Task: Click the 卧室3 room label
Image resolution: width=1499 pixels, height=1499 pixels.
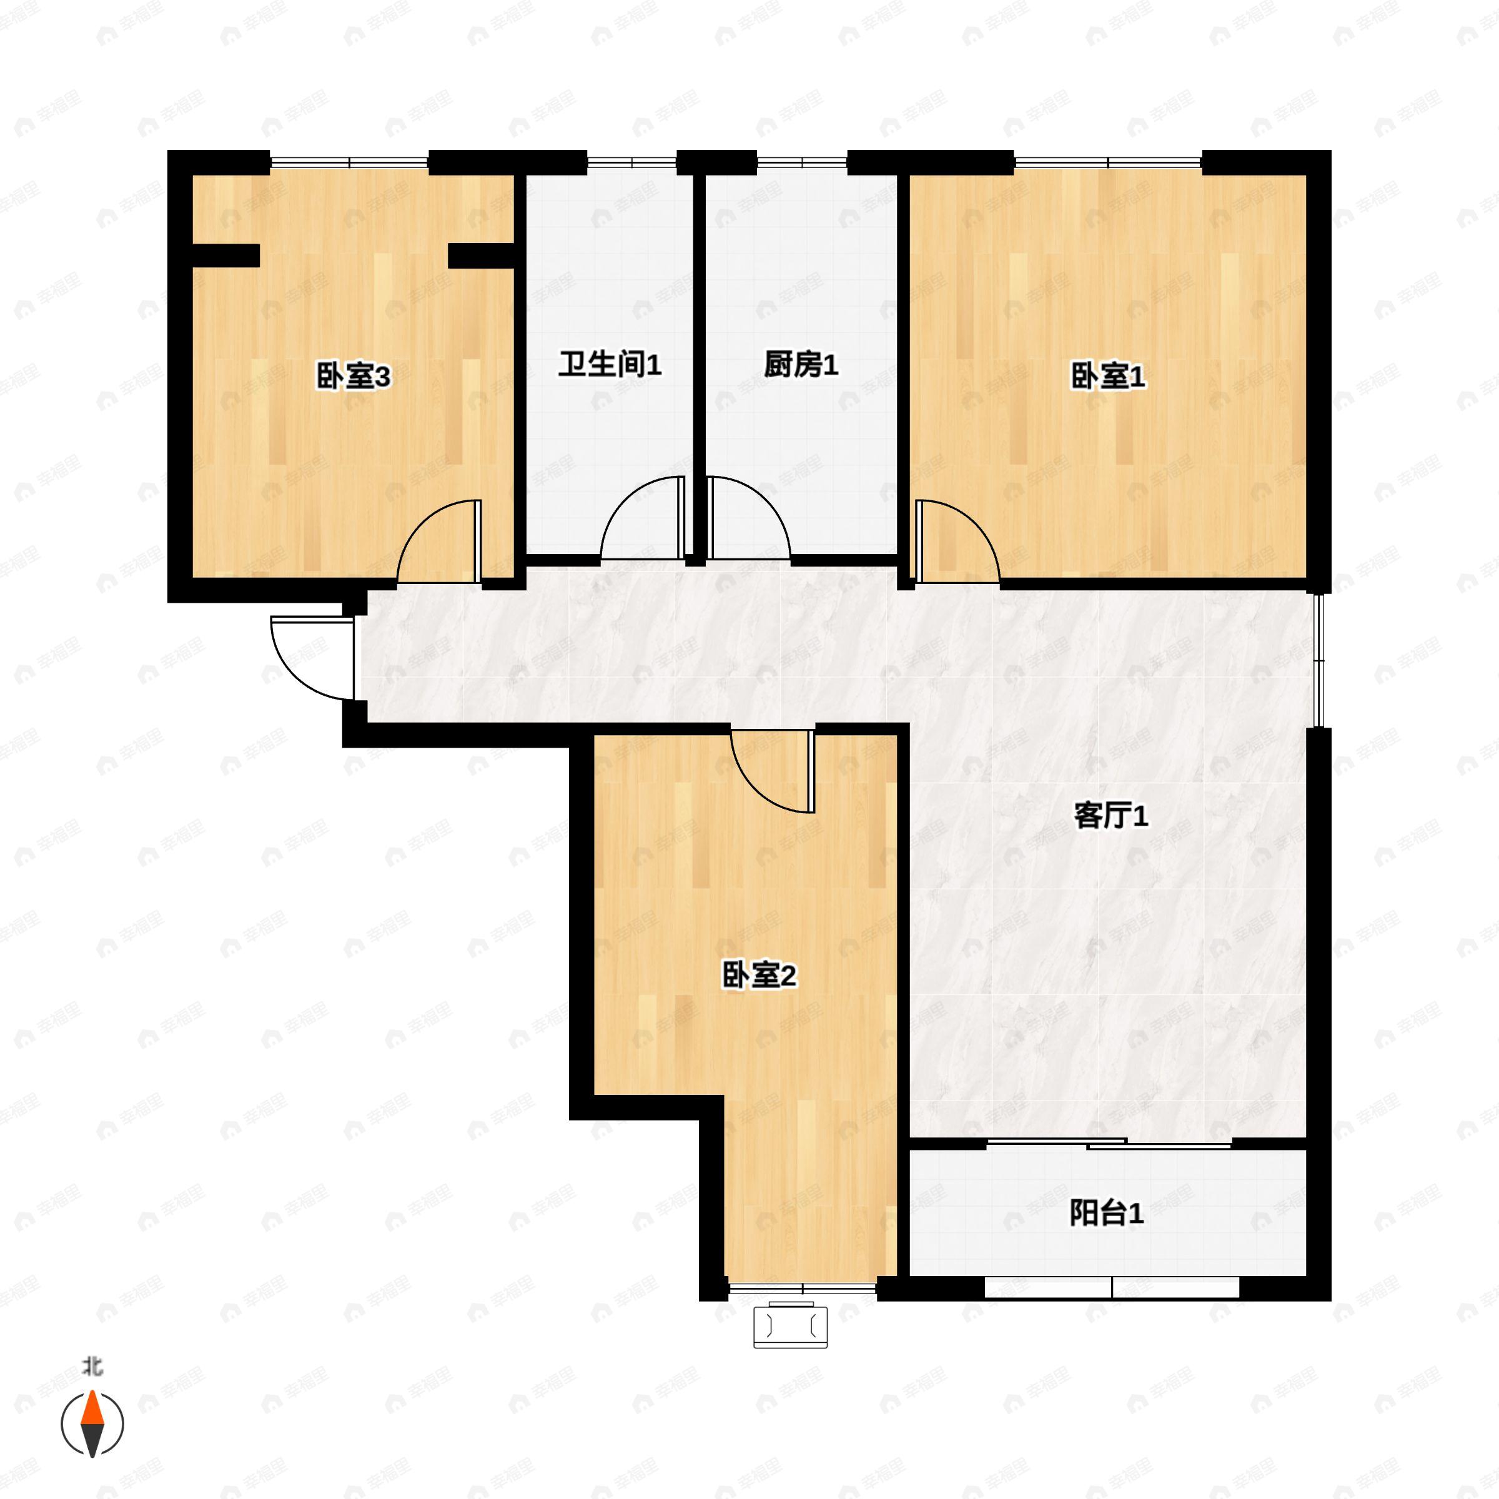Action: coord(353,377)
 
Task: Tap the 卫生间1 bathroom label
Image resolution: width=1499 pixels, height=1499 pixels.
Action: coord(610,365)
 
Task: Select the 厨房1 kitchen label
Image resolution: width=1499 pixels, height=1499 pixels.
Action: coord(801,365)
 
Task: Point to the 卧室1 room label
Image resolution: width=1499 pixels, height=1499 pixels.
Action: coord(1107,377)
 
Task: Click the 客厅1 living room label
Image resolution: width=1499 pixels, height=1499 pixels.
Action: coord(1111,816)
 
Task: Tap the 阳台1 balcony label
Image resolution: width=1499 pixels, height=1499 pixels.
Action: coord(1106,1214)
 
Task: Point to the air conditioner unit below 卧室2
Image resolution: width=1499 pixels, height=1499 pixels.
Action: coord(790,1327)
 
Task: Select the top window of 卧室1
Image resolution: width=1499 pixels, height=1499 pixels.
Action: coord(1107,163)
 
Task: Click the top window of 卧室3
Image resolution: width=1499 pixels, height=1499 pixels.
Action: coord(349,163)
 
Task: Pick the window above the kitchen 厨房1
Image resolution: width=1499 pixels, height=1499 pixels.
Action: coord(801,163)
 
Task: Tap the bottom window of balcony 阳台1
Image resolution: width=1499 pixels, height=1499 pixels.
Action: coord(1112,1288)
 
